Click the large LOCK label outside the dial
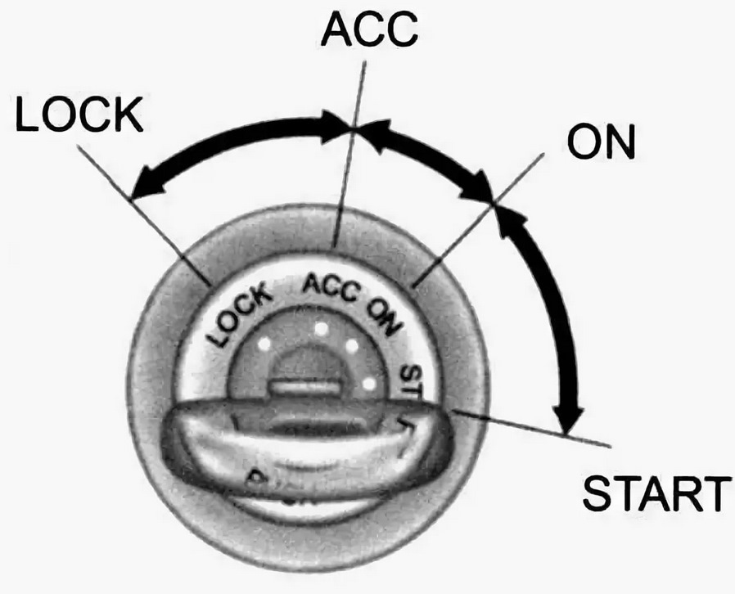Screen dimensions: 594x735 click(79, 116)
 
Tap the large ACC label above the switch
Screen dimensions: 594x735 click(369, 30)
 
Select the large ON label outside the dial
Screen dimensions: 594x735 click(601, 143)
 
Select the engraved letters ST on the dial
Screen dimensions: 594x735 click(409, 377)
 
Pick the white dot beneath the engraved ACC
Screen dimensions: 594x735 click(320, 329)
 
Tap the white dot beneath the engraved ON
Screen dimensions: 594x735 click(354, 347)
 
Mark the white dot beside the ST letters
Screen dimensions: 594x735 click(369, 382)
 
